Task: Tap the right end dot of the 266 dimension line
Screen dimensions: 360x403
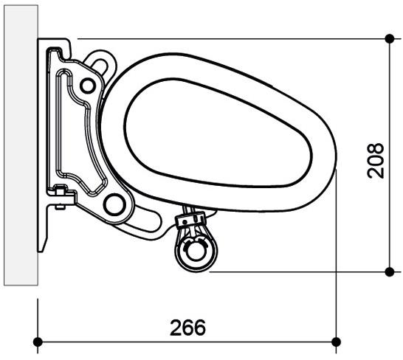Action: [337, 341]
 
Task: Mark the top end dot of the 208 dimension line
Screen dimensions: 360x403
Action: [390, 38]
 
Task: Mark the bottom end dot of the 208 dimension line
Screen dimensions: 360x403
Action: [390, 271]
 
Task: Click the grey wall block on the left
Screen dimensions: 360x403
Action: [19, 148]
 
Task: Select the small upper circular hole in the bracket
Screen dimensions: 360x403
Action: [88, 86]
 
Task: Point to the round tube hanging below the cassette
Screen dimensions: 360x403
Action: [194, 250]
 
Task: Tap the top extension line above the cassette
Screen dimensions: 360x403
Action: [221, 38]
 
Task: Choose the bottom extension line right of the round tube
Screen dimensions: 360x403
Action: [295, 271]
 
